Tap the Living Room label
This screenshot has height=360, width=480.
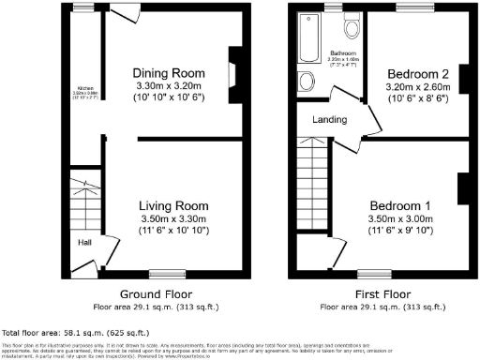[173, 206]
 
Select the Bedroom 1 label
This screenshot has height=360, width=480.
[400, 205]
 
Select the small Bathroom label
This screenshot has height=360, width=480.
[340, 52]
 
